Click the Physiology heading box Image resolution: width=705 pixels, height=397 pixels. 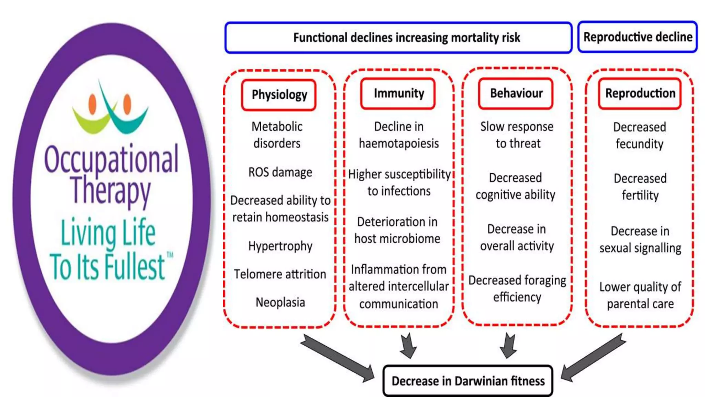279,95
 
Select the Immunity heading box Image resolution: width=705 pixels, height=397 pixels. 398,93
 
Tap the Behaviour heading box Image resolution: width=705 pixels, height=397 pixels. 516,93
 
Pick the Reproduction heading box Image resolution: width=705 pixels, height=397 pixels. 640,93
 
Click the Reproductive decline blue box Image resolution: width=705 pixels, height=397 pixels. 638,37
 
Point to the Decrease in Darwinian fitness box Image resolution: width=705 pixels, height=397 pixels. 468,381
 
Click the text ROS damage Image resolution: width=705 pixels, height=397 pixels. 280,172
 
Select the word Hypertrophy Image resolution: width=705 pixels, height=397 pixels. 280,246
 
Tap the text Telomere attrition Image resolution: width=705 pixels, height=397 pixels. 280,274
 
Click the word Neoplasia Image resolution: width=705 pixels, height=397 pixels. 280,303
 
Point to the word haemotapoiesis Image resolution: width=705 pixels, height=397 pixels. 399,143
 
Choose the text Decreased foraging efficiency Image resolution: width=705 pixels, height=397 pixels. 517,289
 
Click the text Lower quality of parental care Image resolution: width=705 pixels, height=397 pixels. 640,295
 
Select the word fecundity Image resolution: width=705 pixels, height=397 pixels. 639,144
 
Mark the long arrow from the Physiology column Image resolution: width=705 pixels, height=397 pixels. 337,358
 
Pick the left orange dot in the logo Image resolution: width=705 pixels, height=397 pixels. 92,104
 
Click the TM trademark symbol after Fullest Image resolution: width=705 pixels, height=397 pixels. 170,255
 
